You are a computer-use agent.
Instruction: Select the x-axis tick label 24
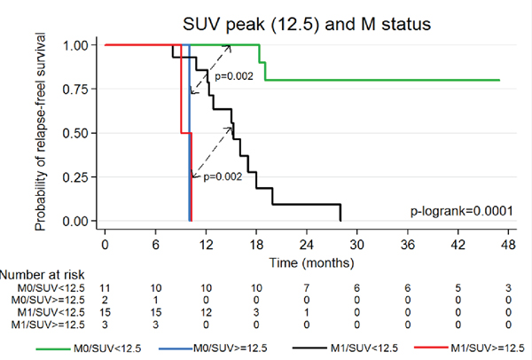click(306, 244)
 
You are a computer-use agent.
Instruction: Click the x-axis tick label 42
click(457, 244)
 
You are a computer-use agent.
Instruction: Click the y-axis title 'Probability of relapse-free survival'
click(41, 133)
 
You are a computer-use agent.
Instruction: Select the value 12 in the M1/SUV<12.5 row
click(206, 315)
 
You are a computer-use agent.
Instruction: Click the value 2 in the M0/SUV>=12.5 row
click(105, 302)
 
